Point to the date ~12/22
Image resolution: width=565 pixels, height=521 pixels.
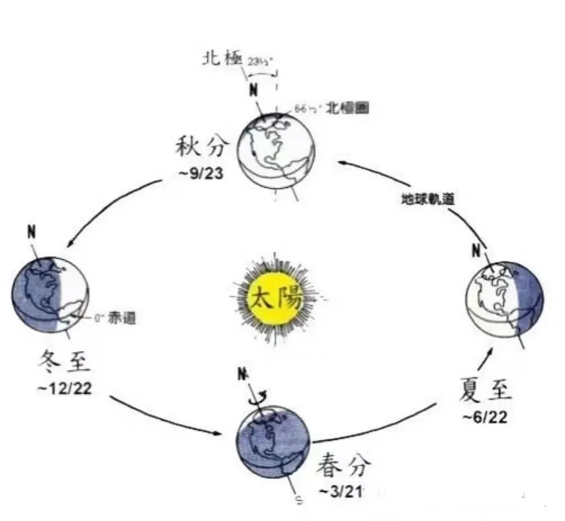click(64, 388)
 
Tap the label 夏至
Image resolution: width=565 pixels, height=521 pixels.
click(486, 391)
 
